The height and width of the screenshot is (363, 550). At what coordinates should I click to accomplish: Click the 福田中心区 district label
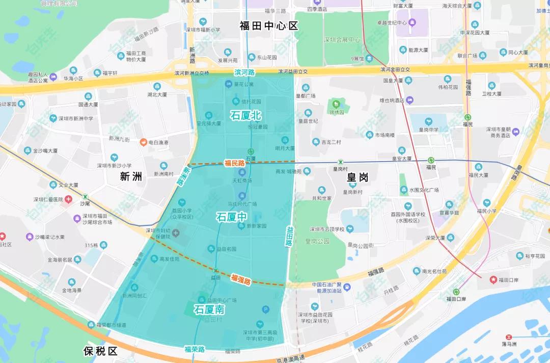click(268, 25)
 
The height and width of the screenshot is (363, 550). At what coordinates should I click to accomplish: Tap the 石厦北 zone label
click(246, 116)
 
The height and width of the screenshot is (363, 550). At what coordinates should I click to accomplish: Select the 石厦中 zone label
click(232, 216)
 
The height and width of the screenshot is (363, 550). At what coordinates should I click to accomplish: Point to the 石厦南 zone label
click(209, 309)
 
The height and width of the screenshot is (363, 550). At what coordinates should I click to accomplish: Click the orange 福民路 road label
click(235, 163)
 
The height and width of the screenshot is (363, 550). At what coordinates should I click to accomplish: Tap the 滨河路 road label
click(244, 72)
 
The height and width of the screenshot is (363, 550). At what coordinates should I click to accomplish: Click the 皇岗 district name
click(358, 177)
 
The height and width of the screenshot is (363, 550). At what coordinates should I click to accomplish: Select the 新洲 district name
click(131, 176)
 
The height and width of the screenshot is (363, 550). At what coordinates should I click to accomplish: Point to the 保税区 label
click(100, 351)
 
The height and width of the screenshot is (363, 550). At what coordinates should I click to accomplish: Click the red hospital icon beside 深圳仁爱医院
click(68, 199)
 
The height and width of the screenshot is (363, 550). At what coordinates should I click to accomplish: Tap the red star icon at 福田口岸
click(493, 279)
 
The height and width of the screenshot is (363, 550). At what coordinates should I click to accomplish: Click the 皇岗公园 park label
click(317, 241)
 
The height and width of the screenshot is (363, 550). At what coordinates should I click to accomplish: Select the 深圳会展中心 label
click(342, 40)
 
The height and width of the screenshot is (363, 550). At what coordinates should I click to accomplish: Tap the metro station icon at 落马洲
click(509, 337)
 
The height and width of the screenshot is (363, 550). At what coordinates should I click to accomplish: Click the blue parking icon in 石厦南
click(265, 309)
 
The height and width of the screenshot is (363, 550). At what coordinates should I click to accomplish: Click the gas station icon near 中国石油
click(347, 287)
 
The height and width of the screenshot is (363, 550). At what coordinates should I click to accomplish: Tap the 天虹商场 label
click(242, 180)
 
